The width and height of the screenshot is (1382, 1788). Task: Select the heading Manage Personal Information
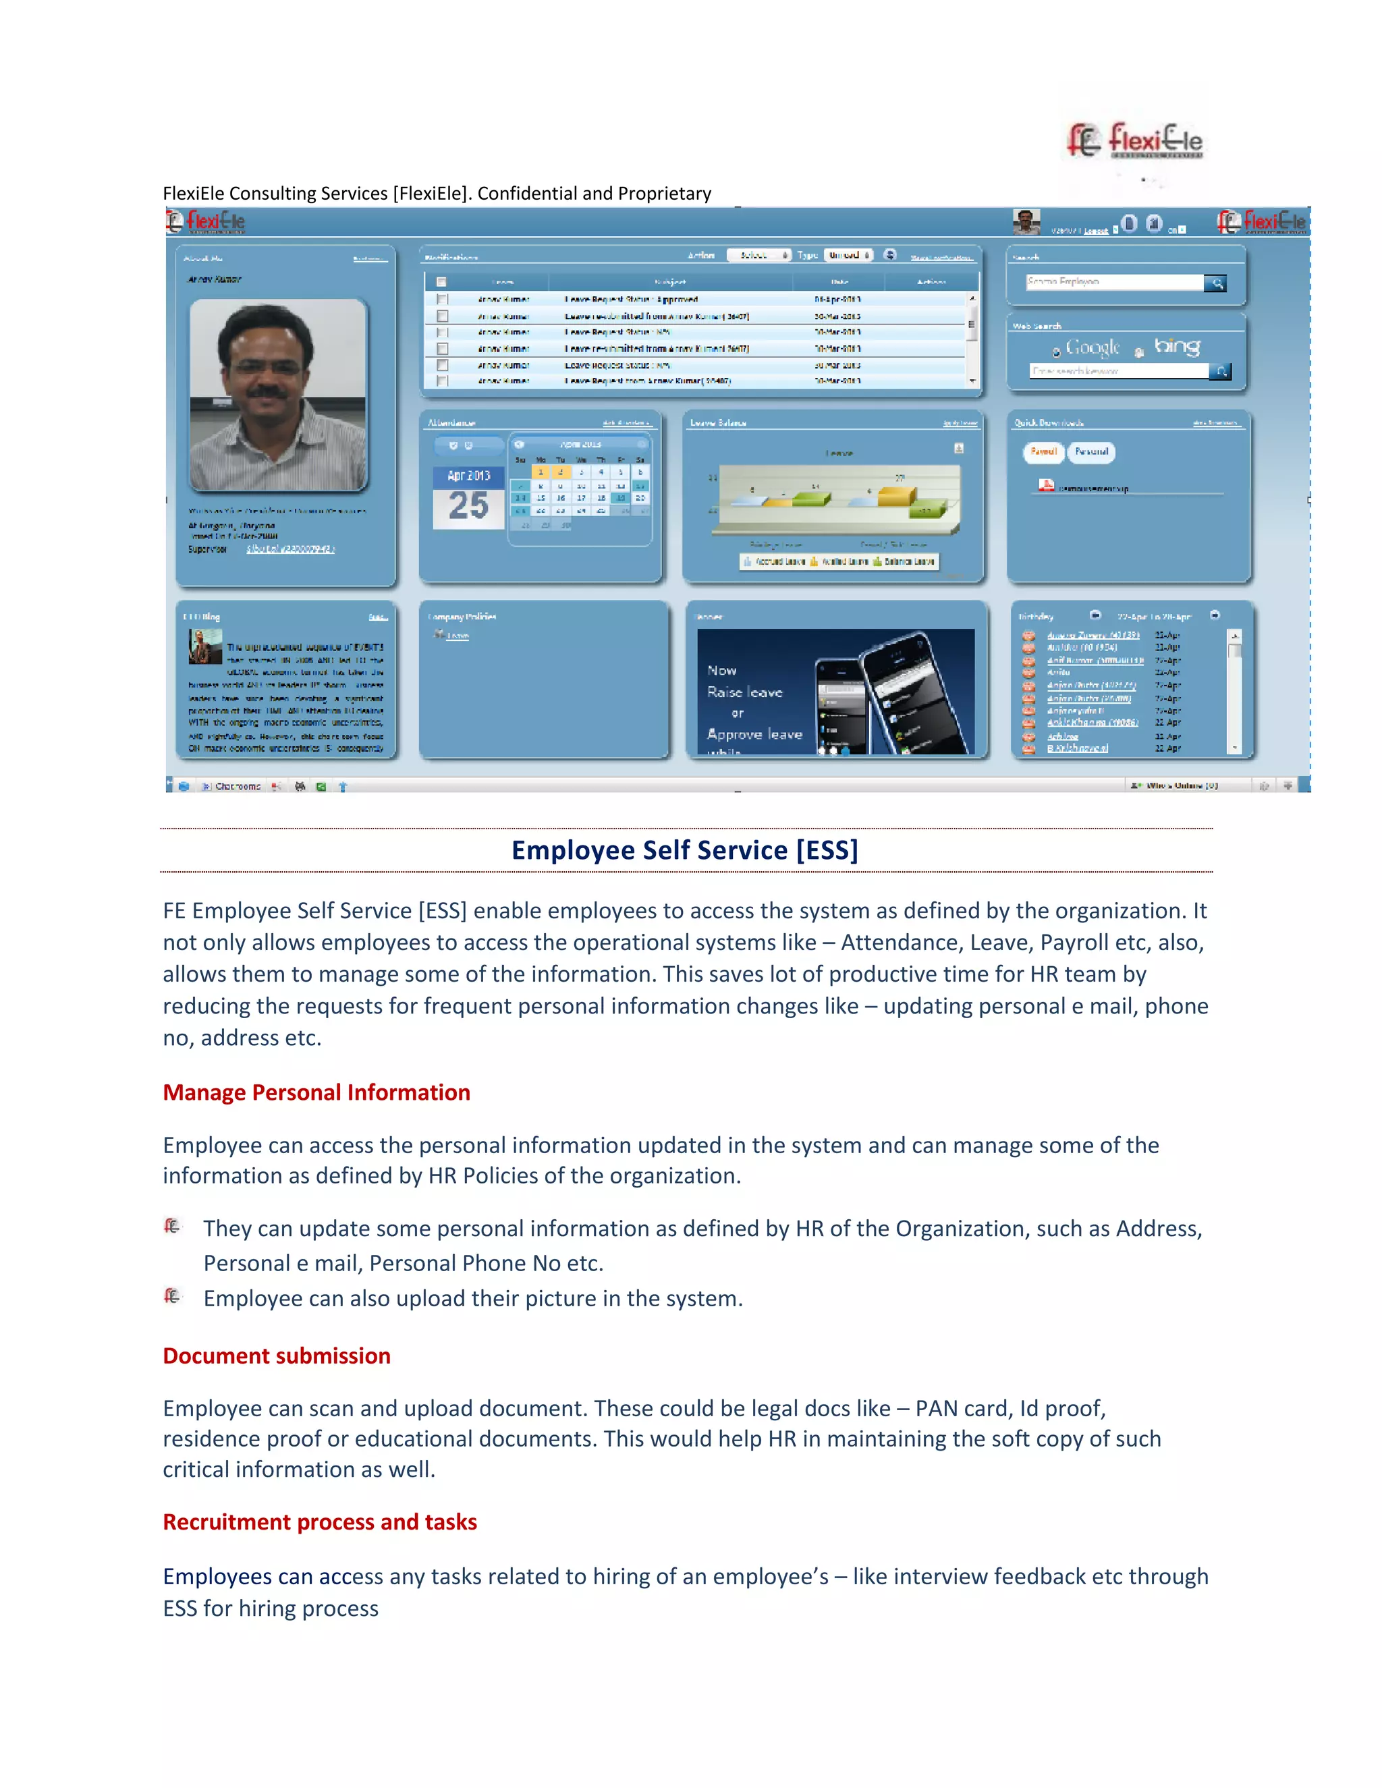tap(316, 1092)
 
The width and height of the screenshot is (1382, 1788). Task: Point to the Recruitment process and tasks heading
tap(319, 1522)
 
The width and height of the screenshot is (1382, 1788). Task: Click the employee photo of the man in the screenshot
tap(277, 395)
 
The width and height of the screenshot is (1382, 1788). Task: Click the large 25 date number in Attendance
tap(468, 506)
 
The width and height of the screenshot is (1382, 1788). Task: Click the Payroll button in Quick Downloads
tap(1043, 452)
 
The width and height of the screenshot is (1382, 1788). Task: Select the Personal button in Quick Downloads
tap(1091, 452)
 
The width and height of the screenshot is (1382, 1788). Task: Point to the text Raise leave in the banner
tap(744, 693)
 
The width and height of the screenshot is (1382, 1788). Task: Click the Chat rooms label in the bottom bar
tap(237, 786)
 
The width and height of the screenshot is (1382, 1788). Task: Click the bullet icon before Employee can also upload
tap(172, 1296)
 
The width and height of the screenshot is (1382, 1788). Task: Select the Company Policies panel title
tap(462, 617)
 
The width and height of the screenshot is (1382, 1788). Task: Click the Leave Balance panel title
tap(717, 422)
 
